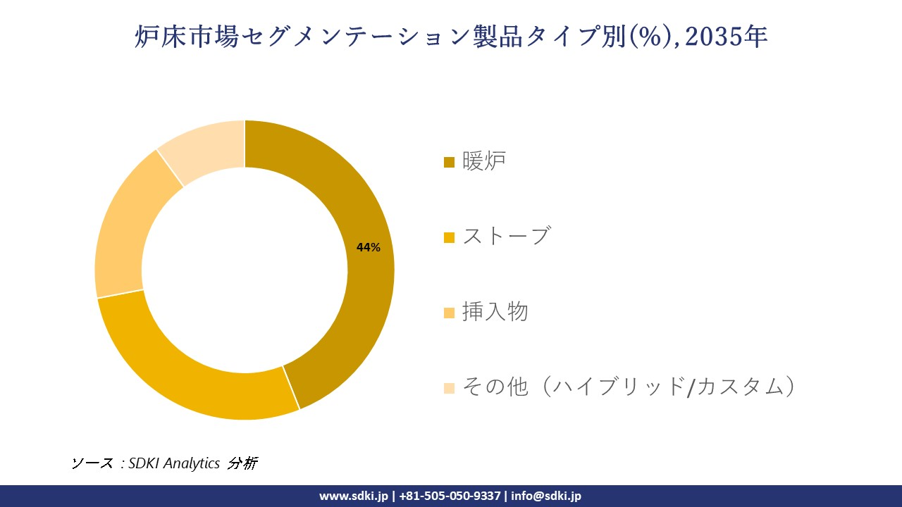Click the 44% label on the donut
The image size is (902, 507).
[x=369, y=247]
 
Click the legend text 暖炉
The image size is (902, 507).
[x=484, y=161]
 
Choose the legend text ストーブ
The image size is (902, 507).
[x=506, y=236]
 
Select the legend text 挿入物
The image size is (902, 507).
[x=495, y=311]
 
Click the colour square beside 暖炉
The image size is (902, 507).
[x=449, y=163]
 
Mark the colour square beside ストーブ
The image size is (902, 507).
[x=449, y=237]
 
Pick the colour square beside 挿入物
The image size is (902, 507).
[x=449, y=313]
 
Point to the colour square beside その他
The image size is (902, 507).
[x=449, y=388]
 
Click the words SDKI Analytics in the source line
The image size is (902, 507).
[x=174, y=463]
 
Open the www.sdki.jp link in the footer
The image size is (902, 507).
[x=354, y=496]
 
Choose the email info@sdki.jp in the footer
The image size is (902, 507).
[x=547, y=496]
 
